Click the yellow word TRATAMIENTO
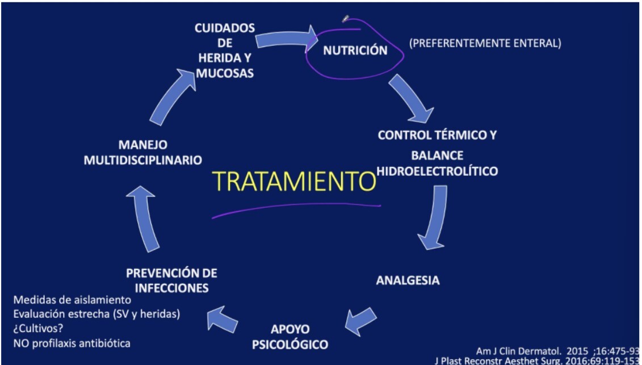click(295, 181)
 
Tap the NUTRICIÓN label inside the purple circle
click(355, 51)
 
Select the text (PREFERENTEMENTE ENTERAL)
click(485, 43)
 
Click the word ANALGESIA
click(408, 280)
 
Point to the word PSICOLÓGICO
click(291, 344)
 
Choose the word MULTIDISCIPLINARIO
click(142, 160)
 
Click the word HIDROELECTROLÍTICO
click(437, 170)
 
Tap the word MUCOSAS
click(225, 74)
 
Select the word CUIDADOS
click(225, 28)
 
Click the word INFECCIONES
click(171, 288)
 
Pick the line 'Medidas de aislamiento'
click(72, 300)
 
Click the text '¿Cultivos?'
click(38, 329)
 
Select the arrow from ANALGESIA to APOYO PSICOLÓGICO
click(361, 321)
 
